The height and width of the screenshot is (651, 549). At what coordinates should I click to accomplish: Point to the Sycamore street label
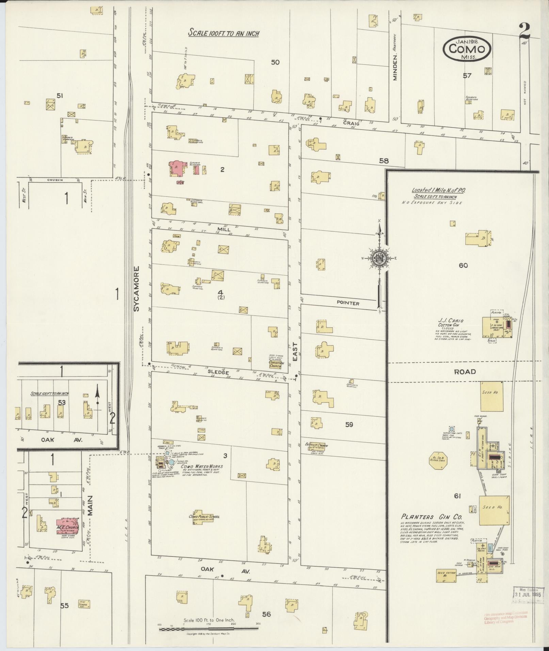click(137, 289)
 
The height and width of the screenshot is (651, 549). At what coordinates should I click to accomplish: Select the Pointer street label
click(348, 303)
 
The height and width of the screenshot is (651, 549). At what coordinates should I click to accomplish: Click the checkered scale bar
click(208, 629)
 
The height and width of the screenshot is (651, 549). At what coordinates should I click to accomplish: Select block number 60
click(463, 265)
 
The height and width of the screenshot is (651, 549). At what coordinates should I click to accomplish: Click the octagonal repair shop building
click(438, 466)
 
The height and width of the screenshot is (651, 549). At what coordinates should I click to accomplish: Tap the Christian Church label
click(276, 364)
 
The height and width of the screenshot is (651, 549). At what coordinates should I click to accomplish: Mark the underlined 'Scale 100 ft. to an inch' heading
click(224, 33)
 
